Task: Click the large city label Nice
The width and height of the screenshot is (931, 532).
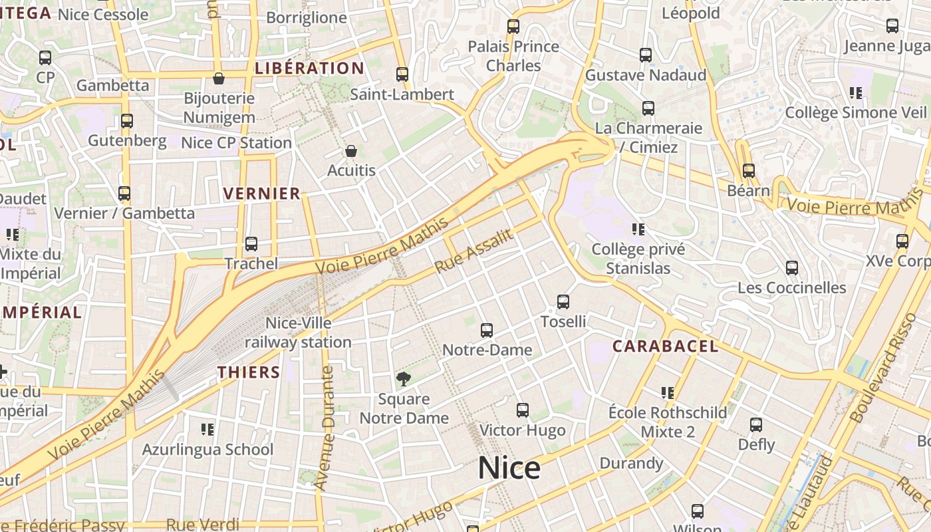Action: click(x=509, y=468)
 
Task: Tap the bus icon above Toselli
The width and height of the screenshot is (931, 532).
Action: click(x=563, y=302)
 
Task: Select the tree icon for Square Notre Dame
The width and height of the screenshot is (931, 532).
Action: click(x=403, y=379)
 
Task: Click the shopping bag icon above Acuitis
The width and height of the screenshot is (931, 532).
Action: click(x=351, y=152)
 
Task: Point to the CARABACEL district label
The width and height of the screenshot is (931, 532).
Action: click(x=665, y=346)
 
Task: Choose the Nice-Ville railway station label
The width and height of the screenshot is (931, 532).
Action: click(x=298, y=332)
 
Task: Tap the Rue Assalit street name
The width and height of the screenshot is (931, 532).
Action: click(x=474, y=250)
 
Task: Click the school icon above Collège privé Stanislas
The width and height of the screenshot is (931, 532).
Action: click(x=638, y=229)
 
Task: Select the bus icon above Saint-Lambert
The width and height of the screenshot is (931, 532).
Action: click(x=402, y=74)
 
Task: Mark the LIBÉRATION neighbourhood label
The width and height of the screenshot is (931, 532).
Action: click(x=310, y=68)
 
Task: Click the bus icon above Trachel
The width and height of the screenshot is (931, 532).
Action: click(x=251, y=244)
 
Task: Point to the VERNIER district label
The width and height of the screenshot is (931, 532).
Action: click(x=262, y=194)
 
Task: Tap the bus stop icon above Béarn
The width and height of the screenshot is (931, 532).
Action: click(x=749, y=171)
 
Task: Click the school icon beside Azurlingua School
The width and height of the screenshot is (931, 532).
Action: click(x=207, y=430)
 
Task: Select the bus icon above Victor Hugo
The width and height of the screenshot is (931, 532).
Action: click(x=523, y=410)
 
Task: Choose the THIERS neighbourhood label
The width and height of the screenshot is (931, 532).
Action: click(x=249, y=372)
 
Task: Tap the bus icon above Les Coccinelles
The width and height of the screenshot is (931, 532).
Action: click(x=791, y=268)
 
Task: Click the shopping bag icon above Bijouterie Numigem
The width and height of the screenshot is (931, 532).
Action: click(x=218, y=78)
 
